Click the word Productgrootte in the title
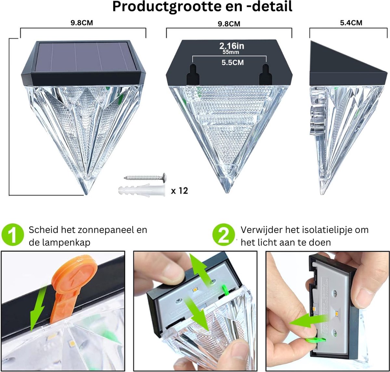point(167,7)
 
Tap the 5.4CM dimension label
point(351,23)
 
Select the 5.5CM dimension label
point(232,63)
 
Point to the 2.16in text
point(231,46)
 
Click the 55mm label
point(231,52)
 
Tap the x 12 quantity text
point(179,191)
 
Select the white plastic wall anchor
point(142,190)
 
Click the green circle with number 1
point(13,235)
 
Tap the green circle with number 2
point(224,235)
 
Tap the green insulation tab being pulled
point(316,340)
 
